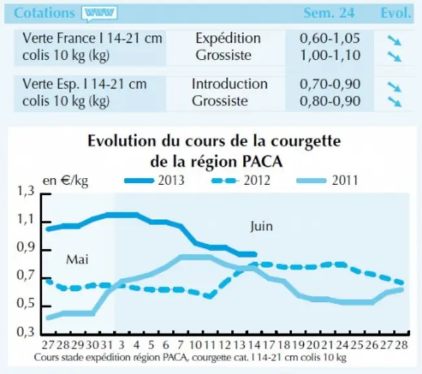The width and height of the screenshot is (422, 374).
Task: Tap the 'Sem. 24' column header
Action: tap(329, 12)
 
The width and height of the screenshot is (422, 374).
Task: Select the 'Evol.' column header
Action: tap(396, 12)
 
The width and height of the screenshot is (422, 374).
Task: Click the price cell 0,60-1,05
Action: tap(330, 38)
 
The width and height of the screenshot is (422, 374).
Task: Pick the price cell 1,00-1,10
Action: tap(330, 55)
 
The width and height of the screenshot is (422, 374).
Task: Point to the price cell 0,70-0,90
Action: tap(330, 84)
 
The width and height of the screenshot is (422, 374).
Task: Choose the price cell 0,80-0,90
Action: tap(330, 101)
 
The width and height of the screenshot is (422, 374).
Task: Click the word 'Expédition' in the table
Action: tap(228, 39)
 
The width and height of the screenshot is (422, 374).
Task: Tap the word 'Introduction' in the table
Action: tap(230, 84)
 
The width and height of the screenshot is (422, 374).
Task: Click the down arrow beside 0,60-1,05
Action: tap(394, 41)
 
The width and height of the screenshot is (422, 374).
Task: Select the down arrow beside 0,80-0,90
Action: tap(394, 102)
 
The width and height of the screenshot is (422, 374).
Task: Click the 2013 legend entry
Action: tap(155, 180)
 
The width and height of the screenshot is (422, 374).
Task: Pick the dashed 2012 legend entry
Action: tap(241, 180)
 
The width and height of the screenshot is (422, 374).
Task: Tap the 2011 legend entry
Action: tap(327, 180)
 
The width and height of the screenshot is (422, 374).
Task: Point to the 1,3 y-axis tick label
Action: tap(26, 191)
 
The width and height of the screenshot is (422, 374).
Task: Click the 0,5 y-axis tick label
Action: tap(26, 303)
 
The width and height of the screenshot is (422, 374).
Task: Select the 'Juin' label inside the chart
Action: tap(261, 227)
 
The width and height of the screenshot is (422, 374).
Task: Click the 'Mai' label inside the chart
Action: tap(77, 260)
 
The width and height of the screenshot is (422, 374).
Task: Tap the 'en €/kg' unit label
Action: tap(66, 181)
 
